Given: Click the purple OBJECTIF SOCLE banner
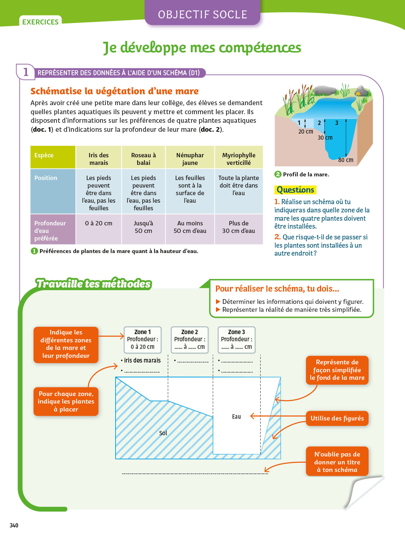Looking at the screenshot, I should point(202,14).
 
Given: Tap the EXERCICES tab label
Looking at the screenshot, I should point(40,22).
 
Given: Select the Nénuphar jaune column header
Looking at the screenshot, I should point(190,159).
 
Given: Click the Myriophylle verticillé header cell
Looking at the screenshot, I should point(239,159).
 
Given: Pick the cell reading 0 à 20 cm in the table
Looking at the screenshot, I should point(99,223).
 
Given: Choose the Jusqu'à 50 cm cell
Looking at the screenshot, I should point(143,227).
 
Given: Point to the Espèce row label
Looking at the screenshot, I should point(44,155).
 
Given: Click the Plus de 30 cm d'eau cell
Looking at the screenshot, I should point(238,227).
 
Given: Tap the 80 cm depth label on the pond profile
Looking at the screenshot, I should point(346,160).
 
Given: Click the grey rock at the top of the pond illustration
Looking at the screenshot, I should point(325,90).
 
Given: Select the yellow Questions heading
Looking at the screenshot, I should point(295,190).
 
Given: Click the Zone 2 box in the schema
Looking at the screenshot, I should point(189,339).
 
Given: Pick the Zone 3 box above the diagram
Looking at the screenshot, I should point(237,339).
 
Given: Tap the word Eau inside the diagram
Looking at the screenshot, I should point(236,417).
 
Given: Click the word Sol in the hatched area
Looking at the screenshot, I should point(163,433).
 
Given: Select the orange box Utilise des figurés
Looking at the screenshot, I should point(337,418).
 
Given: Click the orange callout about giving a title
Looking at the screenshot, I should point(337,462).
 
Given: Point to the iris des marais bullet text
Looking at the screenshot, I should point(142,360).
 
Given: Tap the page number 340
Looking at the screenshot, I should point(14,525).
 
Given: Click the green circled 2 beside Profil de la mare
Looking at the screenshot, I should point(278,174).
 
